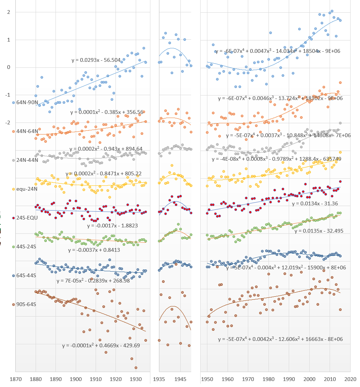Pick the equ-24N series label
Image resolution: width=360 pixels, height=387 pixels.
pos(26,189)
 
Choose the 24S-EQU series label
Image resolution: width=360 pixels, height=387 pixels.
pos(26,218)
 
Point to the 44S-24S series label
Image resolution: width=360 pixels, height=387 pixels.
pos(27,247)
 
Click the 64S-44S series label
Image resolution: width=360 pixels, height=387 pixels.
pos(27,275)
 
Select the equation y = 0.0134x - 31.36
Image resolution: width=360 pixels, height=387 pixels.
pos(315,203)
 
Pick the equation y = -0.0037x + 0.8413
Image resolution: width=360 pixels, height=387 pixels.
pos(94,250)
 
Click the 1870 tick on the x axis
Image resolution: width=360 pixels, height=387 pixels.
pos(15,379)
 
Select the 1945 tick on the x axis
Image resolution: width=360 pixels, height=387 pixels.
pos(181,379)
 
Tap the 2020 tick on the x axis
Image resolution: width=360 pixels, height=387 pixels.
pos(350,379)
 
